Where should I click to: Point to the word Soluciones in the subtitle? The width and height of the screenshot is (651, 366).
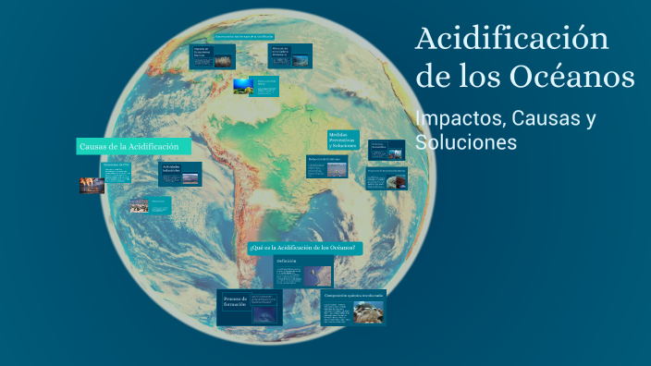(466, 143)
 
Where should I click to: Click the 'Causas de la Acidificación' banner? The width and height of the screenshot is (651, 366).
(134, 147)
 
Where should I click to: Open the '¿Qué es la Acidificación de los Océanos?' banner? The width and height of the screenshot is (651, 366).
(306, 249)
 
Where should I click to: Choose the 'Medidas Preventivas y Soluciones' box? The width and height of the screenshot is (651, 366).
(343, 141)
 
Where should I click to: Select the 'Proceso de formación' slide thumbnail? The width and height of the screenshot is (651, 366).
(250, 307)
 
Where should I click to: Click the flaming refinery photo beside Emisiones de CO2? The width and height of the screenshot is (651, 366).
(92, 186)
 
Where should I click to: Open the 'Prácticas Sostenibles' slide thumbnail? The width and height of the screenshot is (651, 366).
(387, 149)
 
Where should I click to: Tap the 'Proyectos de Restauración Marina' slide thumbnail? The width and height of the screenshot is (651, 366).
(386, 178)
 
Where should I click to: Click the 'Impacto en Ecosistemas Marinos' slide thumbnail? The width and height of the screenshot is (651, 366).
(213, 55)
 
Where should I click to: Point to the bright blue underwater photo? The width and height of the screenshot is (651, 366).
(242, 86)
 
